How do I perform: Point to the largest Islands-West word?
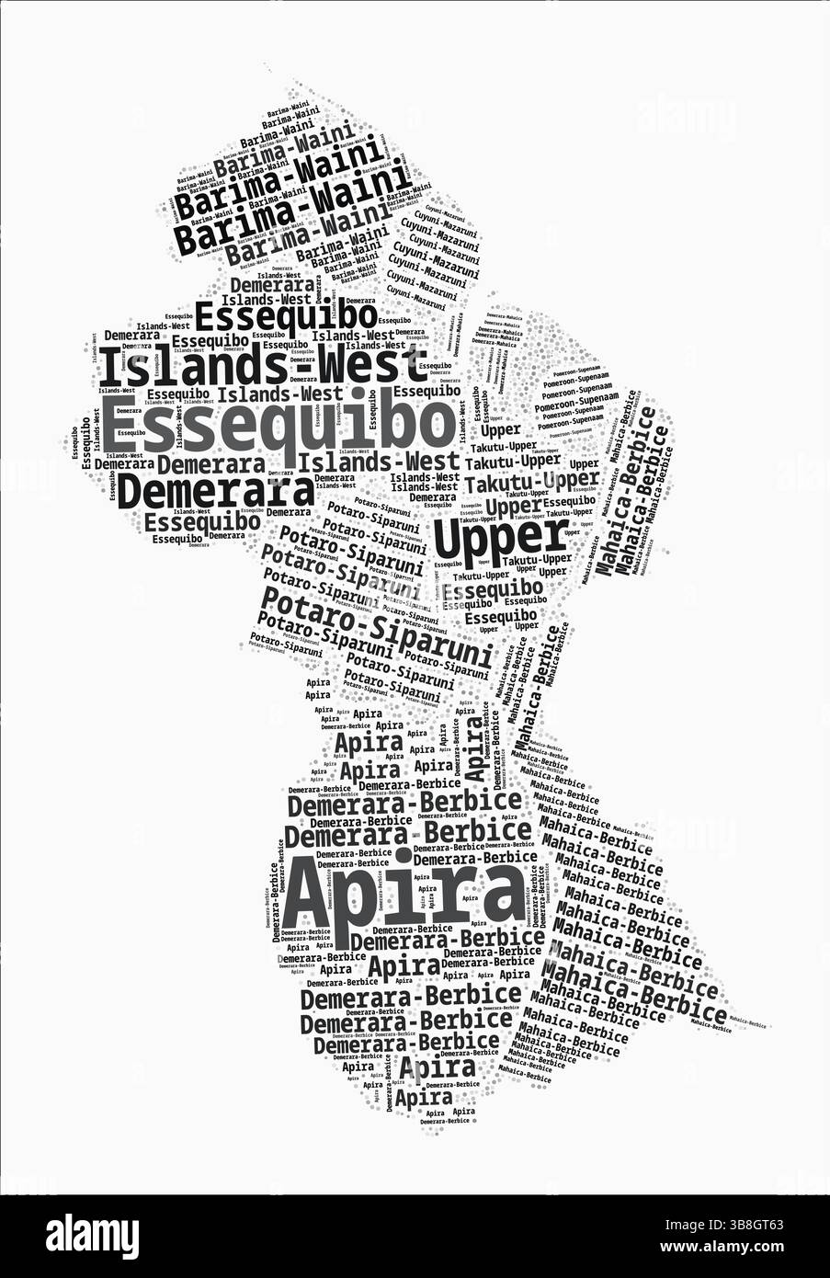262,366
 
